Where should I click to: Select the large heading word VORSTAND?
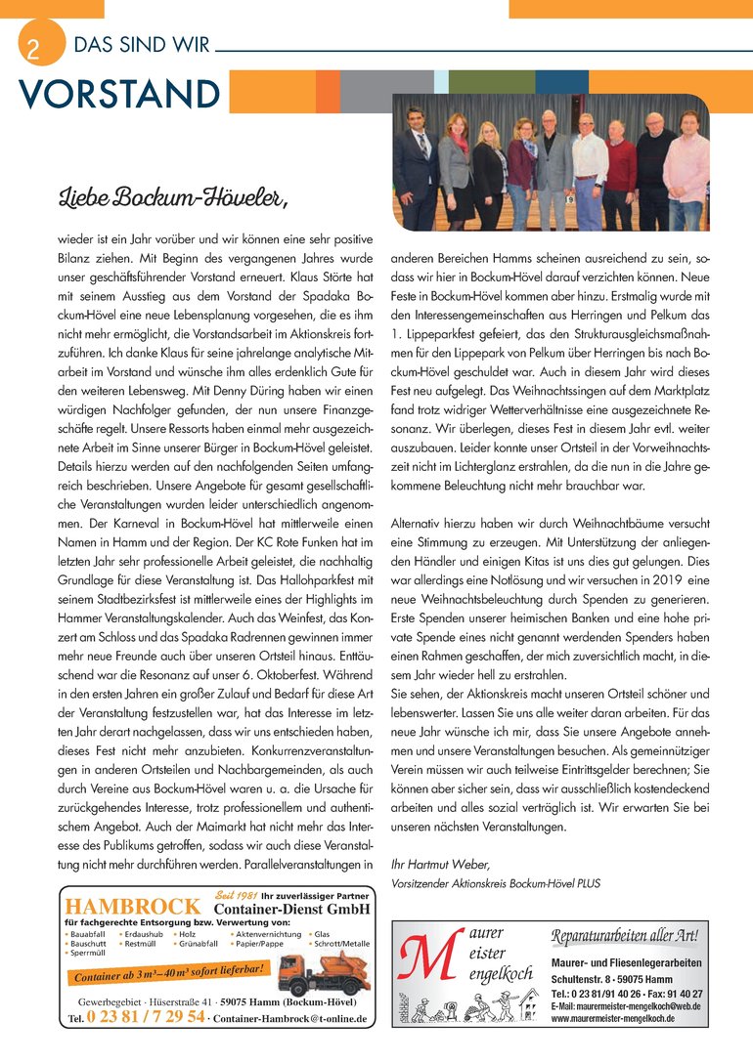117,94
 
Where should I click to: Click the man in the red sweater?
619,162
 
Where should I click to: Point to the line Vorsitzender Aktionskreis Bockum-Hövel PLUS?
495,883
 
